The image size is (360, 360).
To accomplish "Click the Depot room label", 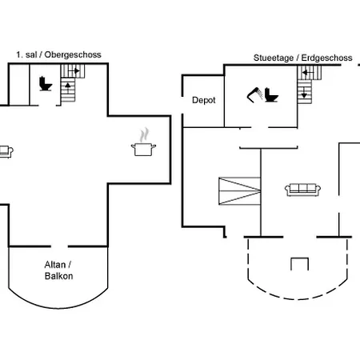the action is (204, 100).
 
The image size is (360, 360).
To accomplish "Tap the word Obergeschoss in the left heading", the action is (73, 54).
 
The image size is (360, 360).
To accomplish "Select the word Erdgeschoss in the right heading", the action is (326, 58).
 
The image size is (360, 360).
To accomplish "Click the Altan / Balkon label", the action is (58, 270).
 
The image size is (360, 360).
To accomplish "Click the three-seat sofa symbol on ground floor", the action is (302, 190).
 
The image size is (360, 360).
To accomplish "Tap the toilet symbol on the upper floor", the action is (46, 84).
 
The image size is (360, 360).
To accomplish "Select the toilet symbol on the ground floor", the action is (271, 95).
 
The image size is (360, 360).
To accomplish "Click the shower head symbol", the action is (254, 95).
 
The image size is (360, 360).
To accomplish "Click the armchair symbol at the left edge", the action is (6, 152).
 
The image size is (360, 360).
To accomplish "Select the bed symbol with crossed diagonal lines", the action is (239, 191).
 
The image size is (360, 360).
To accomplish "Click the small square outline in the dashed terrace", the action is (299, 264).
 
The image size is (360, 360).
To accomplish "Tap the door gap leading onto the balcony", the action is (59, 246).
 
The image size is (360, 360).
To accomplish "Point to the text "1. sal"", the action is (26, 54).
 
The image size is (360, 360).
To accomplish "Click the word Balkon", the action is (58, 276).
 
